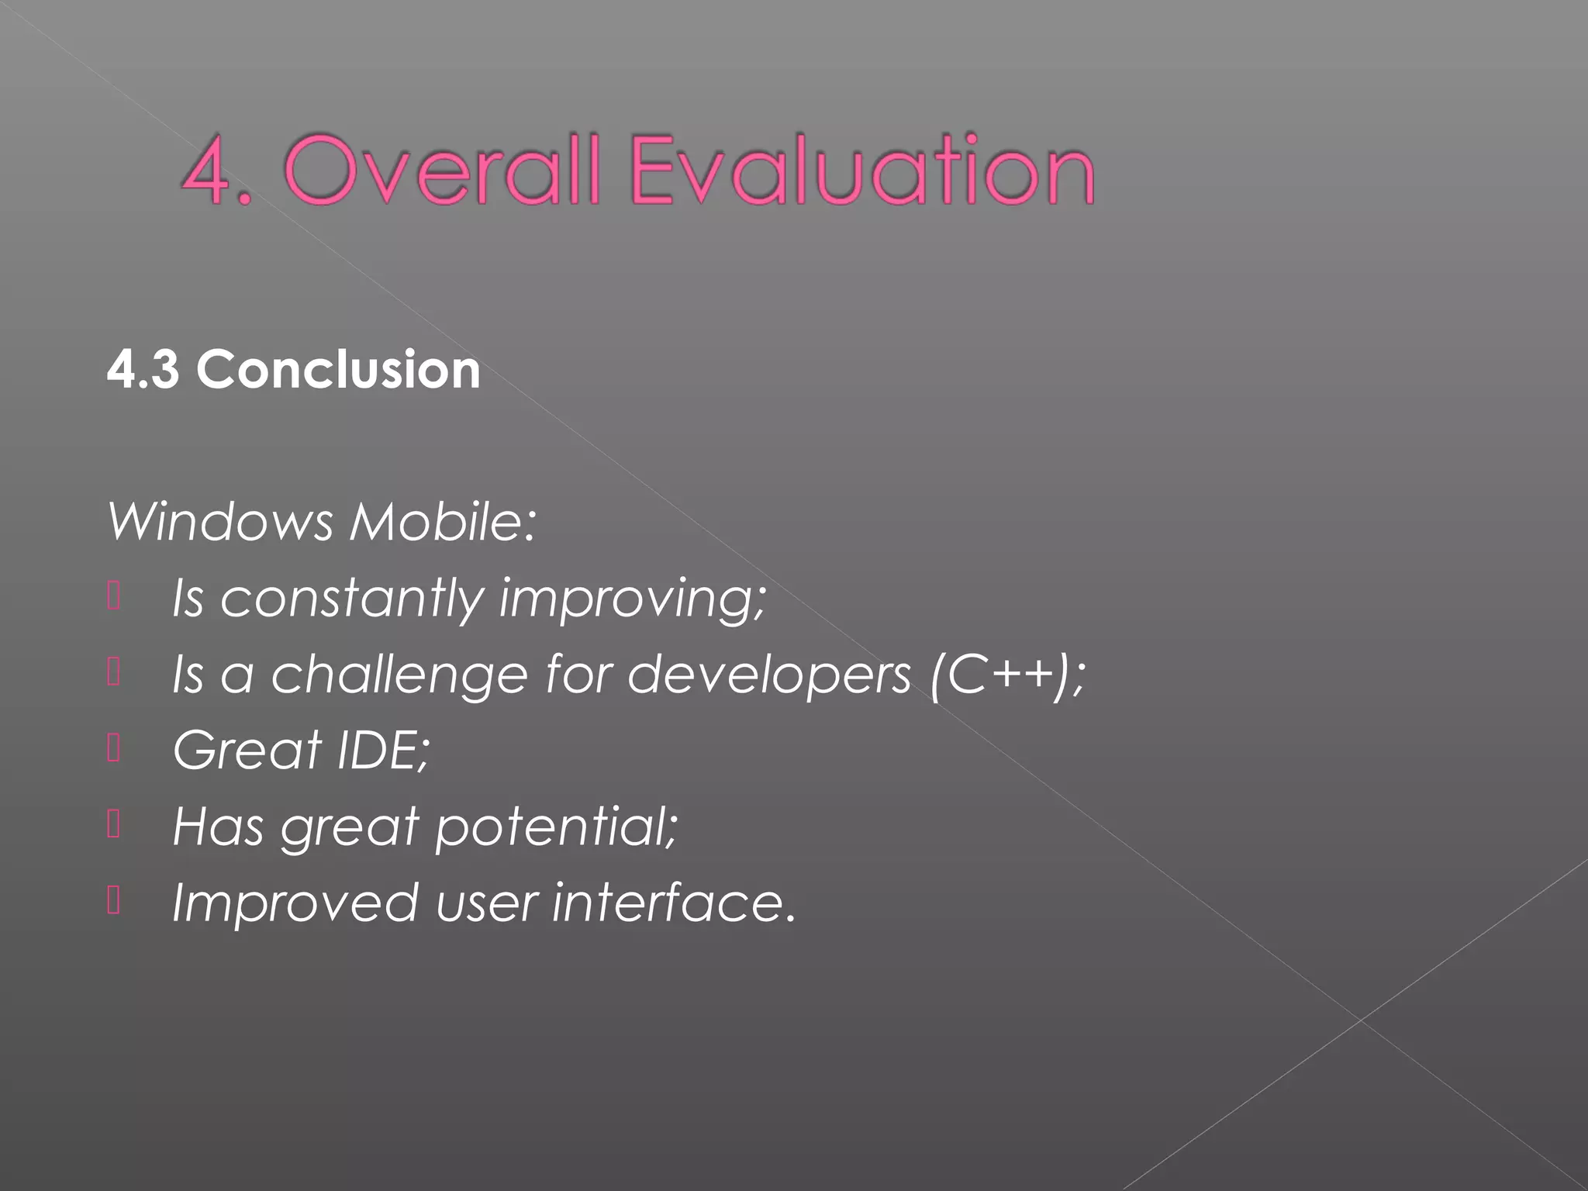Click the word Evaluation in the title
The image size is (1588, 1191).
(862, 171)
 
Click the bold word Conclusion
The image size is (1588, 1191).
(338, 369)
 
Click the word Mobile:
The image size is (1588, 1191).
(443, 521)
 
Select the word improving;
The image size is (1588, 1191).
(632, 599)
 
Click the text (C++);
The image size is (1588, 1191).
(1007, 674)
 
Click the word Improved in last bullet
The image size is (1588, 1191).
(295, 903)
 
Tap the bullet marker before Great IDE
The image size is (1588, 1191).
(114, 749)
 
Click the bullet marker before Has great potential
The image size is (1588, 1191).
(114, 825)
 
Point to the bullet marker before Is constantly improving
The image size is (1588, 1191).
(114, 597)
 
